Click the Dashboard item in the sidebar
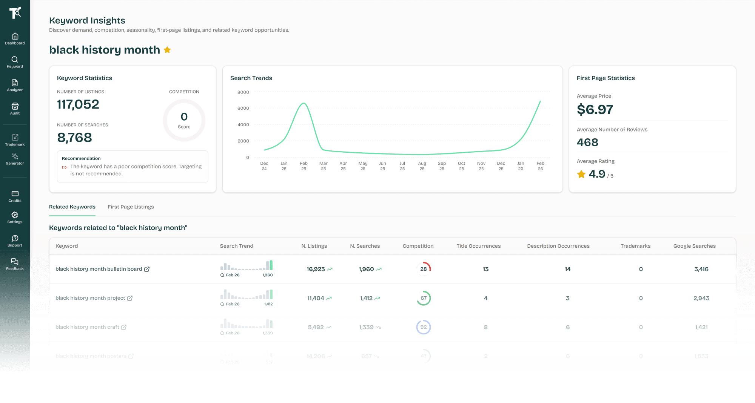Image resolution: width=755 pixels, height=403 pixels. point(15,38)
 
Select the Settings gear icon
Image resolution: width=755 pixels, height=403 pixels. point(15,215)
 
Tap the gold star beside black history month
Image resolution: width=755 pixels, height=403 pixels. point(167,50)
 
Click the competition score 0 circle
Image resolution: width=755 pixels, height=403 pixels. point(184,120)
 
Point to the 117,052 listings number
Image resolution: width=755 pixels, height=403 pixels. point(78,104)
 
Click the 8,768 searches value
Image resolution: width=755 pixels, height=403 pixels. point(75,138)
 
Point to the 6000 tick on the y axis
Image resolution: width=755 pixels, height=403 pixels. point(243,108)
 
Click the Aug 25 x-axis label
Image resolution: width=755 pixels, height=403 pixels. point(422,166)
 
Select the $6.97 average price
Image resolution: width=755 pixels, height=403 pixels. point(595,110)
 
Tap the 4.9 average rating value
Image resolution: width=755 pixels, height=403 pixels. point(597,174)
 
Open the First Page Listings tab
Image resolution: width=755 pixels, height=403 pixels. point(131,207)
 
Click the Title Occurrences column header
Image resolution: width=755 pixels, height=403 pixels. point(478,246)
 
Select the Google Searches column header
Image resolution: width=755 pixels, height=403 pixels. point(694,246)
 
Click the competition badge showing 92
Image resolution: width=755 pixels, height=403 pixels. point(424,327)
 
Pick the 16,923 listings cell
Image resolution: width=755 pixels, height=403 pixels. point(316,269)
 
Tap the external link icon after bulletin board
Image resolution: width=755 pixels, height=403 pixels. point(147,269)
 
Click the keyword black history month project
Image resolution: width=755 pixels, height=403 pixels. point(90,298)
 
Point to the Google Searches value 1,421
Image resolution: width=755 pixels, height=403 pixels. point(701,327)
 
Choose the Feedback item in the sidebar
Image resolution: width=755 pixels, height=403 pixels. point(15,264)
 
